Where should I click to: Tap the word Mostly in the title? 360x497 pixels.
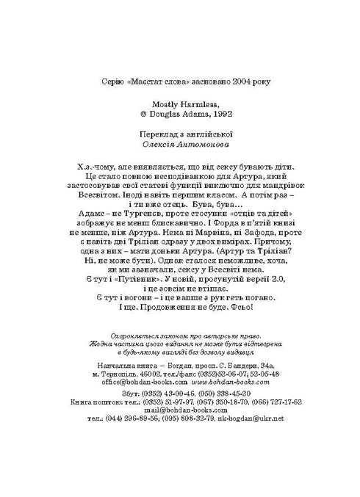(162, 104)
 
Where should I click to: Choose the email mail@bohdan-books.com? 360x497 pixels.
(180, 410)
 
